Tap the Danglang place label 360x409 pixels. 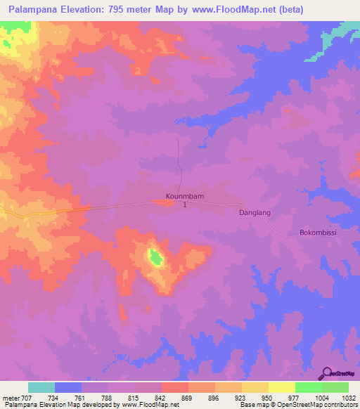[x=255, y=212]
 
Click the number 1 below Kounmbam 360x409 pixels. [x=185, y=205]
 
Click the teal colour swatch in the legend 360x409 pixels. [x=41, y=387]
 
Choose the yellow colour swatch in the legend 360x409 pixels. [x=281, y=387]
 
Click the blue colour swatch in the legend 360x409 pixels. [x=68, y=387]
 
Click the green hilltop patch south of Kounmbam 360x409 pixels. [x=155, y=258]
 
